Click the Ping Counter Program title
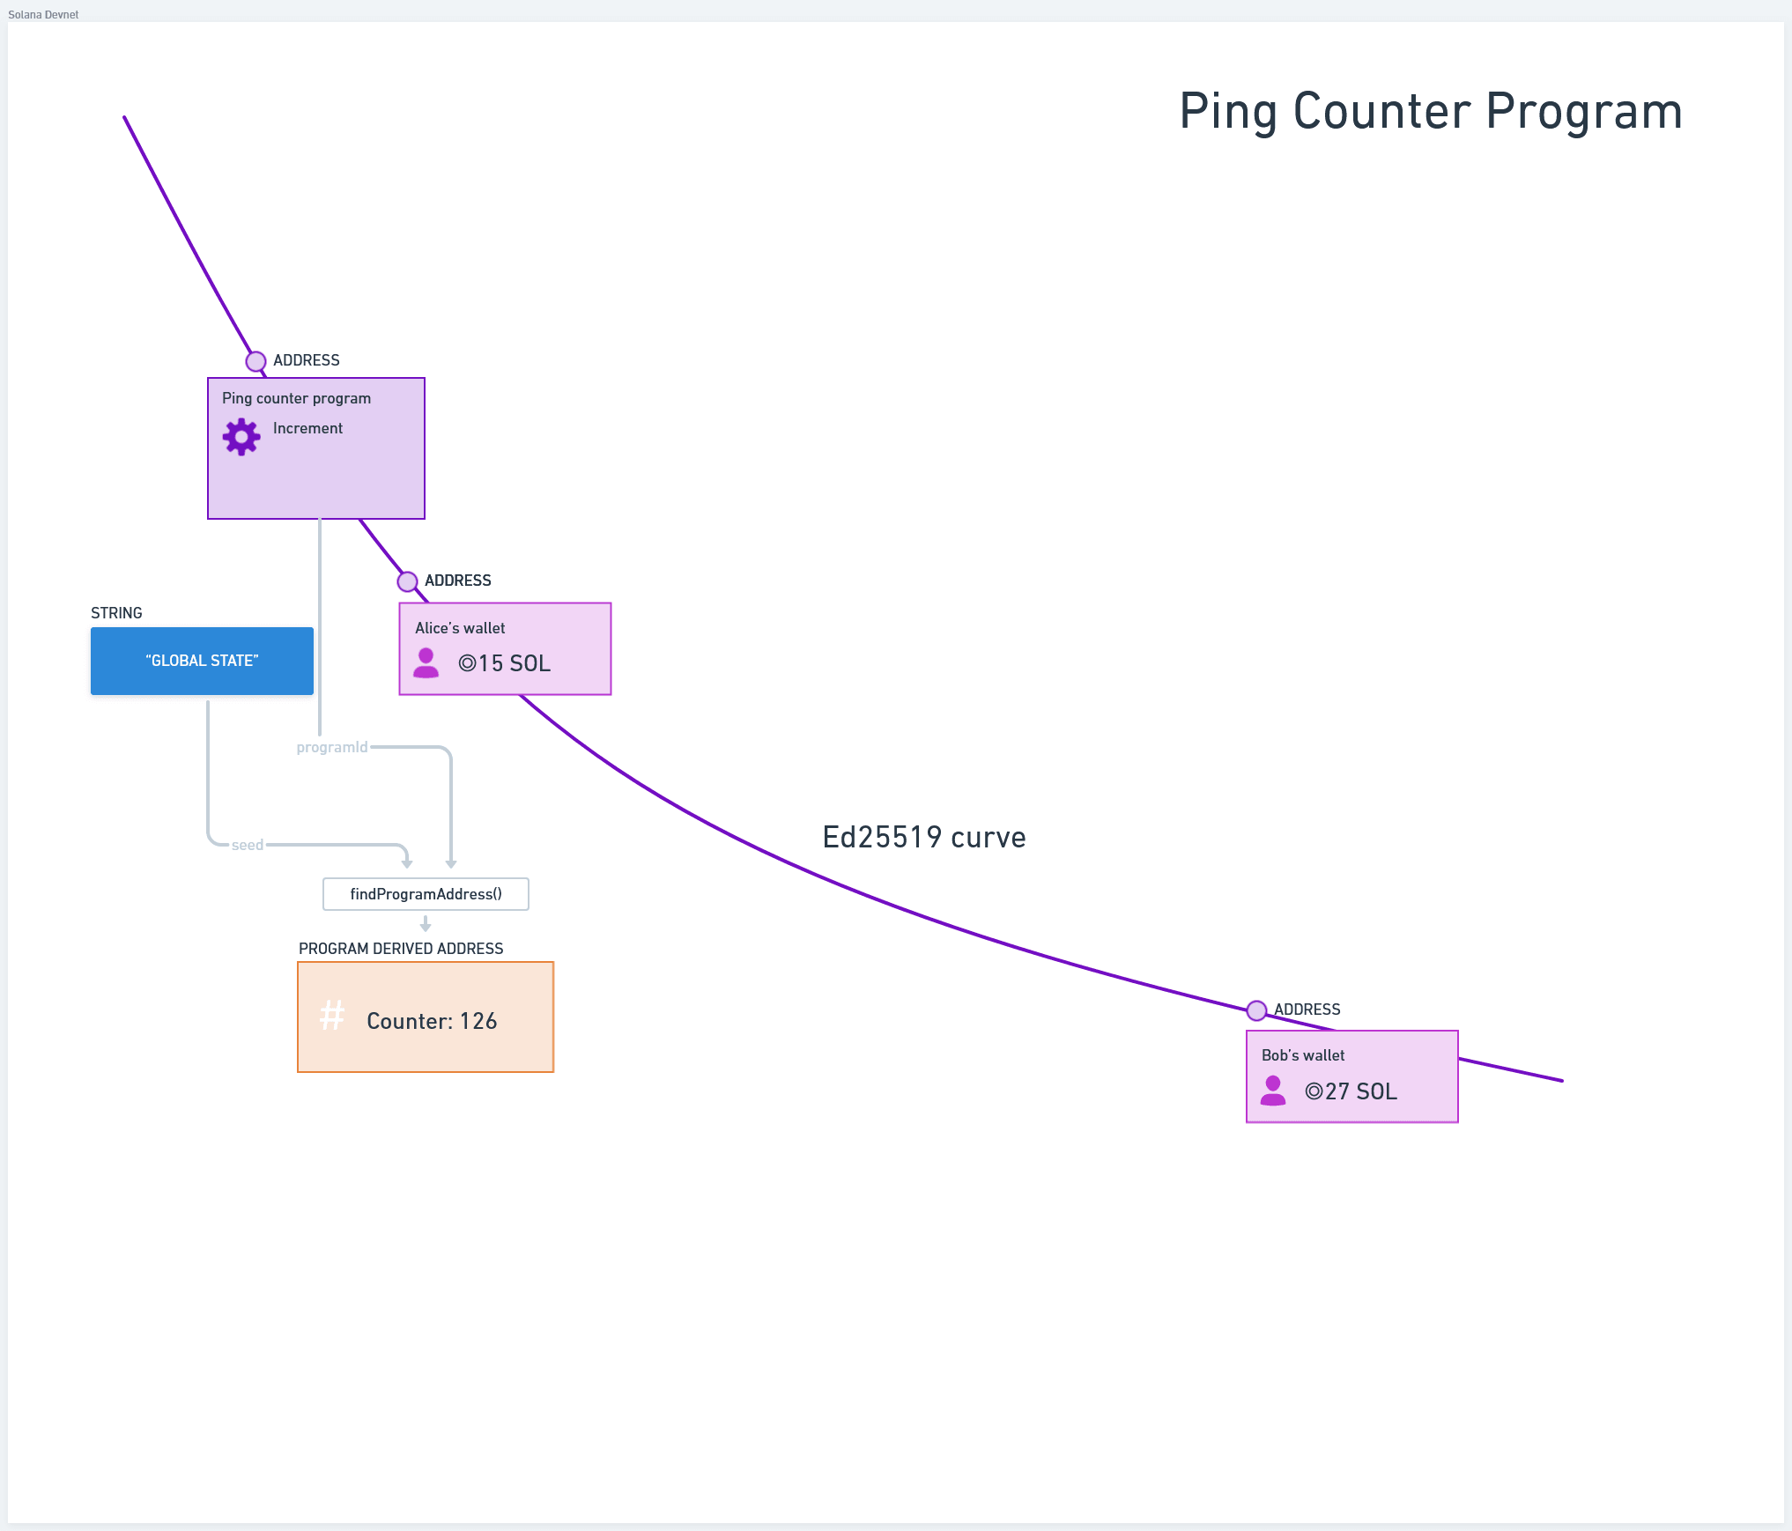[x=1430, y=112]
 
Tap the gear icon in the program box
[x=241, y=436]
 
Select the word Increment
[x=307, y=429]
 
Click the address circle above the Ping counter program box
[x=255, y=361]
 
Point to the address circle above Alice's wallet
[x=407, y=581]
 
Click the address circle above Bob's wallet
[x=1256, y=1010]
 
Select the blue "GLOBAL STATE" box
[x=202, y=661]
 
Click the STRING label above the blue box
[x=116, y=613]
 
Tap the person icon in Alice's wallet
[x=426, y=662]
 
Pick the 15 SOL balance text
[x=505, y=663]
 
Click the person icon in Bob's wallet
[x=1272, y=1091]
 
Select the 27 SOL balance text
[x=1351, y=1091]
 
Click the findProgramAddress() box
[x=426, y=894]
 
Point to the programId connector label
[x=332, y=747]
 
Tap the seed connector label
[x=248, y=845]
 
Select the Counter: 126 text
[x=432, y=1021]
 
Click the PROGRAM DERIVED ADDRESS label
[x=401, y=949]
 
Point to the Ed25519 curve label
[x=923, y=837]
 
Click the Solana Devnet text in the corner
[x=43, y=14]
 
